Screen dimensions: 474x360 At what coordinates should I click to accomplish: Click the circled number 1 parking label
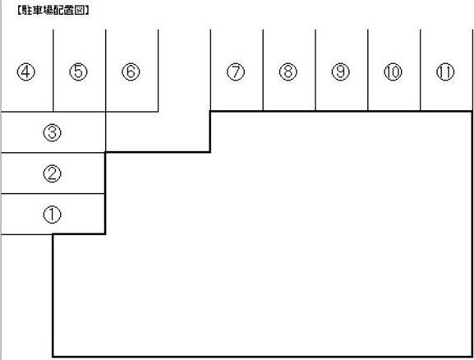point(53,215)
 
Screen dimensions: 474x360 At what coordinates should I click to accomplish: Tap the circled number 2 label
point(53,173)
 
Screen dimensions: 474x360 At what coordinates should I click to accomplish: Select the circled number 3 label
point(53,132)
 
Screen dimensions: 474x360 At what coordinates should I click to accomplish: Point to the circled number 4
point(26,72)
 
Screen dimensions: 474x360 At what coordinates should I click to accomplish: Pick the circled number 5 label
point(79,72)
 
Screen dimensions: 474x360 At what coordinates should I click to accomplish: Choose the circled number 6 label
point(131,72)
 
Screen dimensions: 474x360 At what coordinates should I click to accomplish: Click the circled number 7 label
point(236,72)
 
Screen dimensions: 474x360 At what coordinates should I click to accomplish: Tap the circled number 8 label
point(288,72)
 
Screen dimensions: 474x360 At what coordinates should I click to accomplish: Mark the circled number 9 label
point(341,72)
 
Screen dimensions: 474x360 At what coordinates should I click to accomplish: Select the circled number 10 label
point(393,72)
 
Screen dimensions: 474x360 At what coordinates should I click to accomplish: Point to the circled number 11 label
point(445,72)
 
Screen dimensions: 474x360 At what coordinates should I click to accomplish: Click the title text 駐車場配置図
point(53,11)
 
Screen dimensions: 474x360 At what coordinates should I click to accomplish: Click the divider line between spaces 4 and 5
point(53,71)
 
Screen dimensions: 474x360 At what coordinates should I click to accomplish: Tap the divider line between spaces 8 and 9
point(315,70)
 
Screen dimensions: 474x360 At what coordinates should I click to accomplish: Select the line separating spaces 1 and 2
point(53,194)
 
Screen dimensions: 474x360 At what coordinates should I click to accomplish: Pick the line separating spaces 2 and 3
point(53,153)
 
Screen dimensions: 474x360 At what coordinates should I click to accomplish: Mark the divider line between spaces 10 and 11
point(421,70)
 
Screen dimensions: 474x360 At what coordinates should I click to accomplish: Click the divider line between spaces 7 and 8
point(263,70)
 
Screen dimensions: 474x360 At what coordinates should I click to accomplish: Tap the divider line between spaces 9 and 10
point(368,70)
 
